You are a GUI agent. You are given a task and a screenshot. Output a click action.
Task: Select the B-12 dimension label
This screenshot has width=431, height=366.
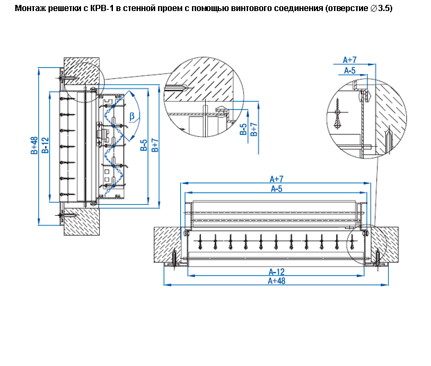46,146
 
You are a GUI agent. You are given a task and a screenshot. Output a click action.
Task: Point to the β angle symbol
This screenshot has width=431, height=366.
132,116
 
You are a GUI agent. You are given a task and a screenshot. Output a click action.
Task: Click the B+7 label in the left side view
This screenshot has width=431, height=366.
155,145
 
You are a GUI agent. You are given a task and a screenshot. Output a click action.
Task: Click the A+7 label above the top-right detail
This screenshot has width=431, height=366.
350,60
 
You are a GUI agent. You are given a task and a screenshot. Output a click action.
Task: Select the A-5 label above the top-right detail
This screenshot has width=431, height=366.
350,70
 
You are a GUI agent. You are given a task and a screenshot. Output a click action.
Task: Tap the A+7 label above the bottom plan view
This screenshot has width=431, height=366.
276,179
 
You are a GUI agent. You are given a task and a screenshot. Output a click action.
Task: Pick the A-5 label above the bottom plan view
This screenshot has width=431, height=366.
276,188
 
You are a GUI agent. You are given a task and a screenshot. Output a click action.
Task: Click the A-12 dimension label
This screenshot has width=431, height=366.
276,271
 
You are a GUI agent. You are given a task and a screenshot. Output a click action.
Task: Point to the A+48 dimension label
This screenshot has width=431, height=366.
276,281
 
